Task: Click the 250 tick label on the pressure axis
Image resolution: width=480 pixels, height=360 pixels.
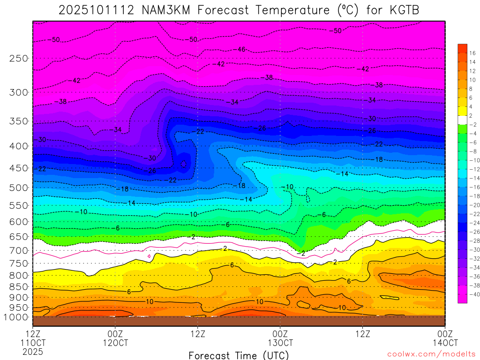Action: [19, 58]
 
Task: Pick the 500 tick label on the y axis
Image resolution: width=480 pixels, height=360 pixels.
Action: [19, 187]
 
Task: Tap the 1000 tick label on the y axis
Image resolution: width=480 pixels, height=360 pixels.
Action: [16, 317]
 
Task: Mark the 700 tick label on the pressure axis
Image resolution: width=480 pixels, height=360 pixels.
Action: [19, 250]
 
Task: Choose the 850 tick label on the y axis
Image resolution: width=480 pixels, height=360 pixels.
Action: [19, 286]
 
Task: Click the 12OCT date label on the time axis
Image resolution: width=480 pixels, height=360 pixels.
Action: [115, 343]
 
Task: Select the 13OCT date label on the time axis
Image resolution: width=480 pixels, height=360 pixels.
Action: [280, 343]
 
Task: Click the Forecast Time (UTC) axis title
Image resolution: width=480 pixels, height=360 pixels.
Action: [239, 355]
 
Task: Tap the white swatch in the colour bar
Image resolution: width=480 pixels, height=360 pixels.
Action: [462, 120]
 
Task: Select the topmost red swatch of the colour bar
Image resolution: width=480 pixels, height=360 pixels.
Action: [462, 48]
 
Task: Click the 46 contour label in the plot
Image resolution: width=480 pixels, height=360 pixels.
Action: [242, 49]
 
